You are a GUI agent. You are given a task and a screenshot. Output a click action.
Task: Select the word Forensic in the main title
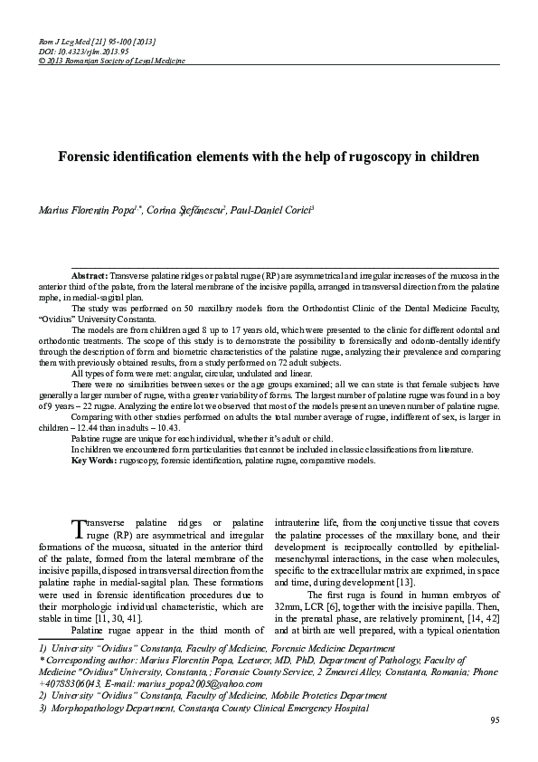(96, 156)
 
